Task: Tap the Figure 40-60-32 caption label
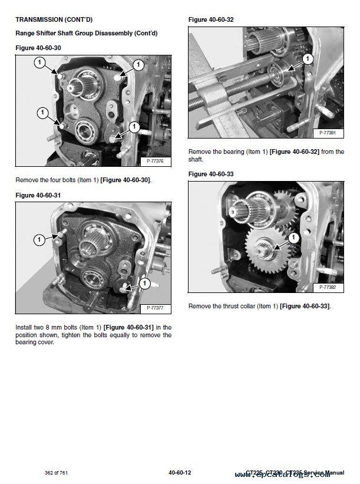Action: [x=210, y=19]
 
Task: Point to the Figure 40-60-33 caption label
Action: [x=210, y=174]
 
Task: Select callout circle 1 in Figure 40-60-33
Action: [x=295, y=237]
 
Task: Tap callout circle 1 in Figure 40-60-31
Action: [x=39, y=239]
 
